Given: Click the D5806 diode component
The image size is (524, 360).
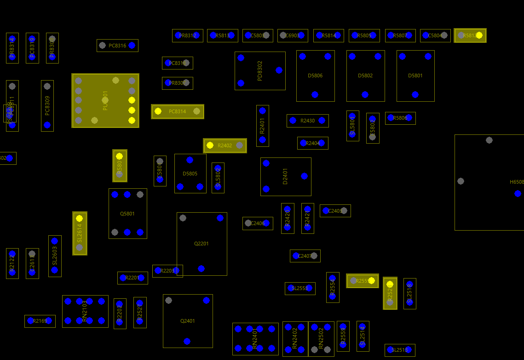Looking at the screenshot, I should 315,75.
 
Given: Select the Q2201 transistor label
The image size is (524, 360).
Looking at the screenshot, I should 202,244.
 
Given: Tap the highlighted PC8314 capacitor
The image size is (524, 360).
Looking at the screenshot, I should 178,111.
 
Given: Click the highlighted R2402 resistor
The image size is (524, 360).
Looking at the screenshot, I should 225,145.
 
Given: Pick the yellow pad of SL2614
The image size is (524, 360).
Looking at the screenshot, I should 79,218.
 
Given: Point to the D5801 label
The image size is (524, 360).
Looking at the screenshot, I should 415,75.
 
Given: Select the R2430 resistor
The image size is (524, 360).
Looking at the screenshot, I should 307,121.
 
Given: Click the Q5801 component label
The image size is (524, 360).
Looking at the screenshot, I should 127,214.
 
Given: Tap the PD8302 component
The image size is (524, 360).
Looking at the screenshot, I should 260,70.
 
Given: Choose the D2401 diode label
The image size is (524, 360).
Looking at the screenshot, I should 285,176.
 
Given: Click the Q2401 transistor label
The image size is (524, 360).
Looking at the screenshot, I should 188,321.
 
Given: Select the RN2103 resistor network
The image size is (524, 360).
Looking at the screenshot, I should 85,311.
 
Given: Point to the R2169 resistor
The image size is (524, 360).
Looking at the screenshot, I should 40,321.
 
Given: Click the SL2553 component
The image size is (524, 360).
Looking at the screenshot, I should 300,288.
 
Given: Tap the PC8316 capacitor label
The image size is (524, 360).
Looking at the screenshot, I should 117,46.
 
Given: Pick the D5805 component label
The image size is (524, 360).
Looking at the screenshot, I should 190,174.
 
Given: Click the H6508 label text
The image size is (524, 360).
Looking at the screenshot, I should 517,182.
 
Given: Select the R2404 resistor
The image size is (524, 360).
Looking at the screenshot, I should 312,143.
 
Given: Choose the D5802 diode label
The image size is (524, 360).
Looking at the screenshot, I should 365,75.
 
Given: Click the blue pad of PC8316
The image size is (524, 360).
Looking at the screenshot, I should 132,45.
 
